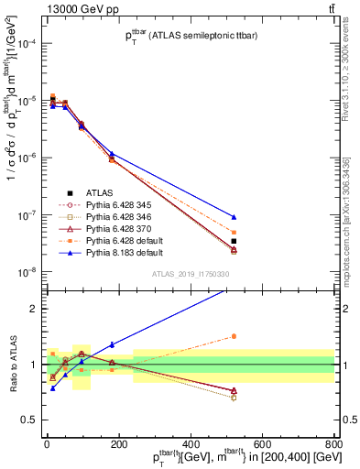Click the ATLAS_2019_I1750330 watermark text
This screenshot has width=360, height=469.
pos(190,274)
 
